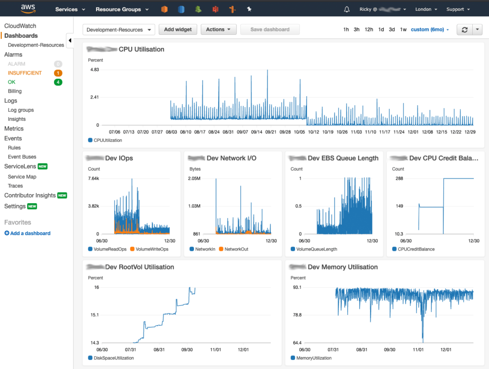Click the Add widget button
[178, 30]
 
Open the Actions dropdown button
[218, 30]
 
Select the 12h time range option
[369, 30]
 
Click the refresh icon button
[464, 30]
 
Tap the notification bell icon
[347, 9]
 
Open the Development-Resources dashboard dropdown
[118, 30]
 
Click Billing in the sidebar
[15, 91]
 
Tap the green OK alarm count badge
[58, 82]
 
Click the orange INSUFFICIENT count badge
[58, 73]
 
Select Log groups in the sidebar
[21, 110]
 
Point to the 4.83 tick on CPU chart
[95, 70]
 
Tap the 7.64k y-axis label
[94, 178]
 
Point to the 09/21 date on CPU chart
[271, 132]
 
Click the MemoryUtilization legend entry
[313, 358]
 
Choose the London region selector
[426, 9]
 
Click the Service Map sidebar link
[22, 177]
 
